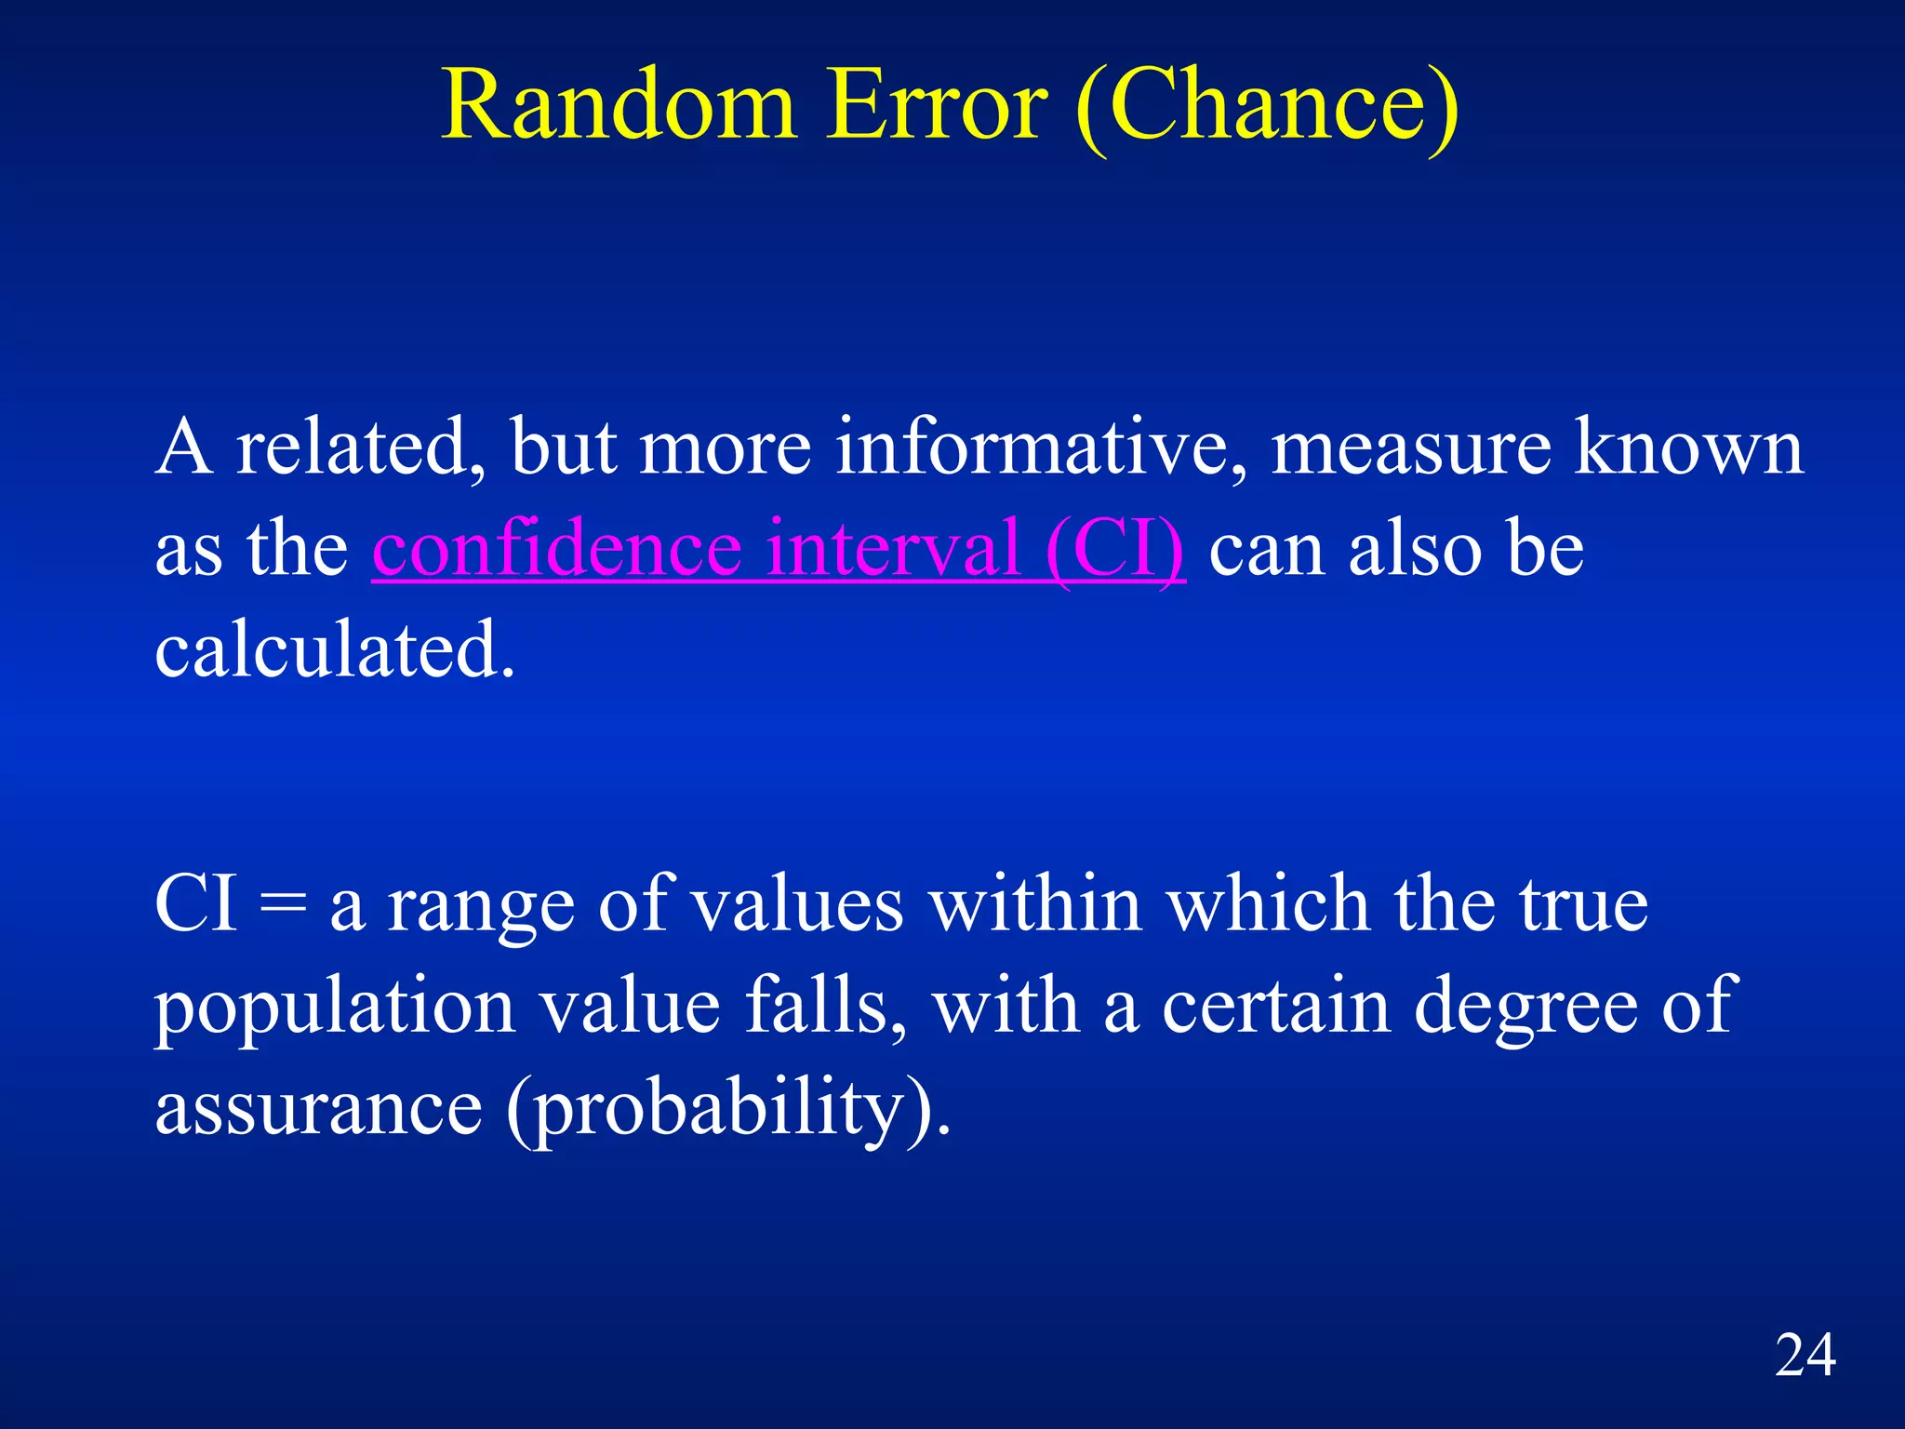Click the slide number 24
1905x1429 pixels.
(x=1805, y=1356)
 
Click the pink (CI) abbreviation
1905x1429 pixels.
(x=1114, y=549)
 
